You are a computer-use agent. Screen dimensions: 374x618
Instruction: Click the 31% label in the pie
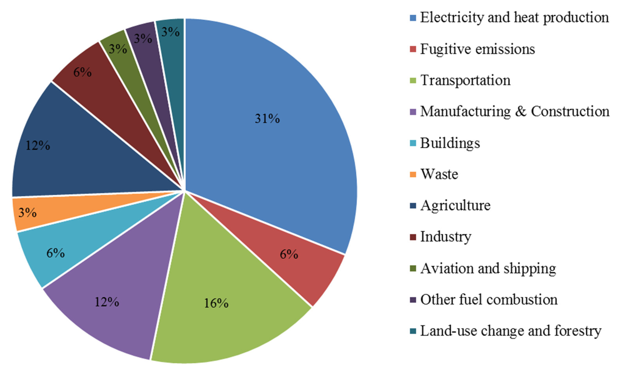point(267,119)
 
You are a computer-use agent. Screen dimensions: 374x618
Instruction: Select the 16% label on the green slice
point(216,303)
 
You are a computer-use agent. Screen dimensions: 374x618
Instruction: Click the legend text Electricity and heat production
point(514,18)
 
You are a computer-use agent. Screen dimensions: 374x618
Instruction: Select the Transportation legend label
point(465,80)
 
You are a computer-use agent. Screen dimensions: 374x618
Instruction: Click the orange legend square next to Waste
point(413,174)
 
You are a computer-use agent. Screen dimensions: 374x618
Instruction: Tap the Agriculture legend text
point(455,205)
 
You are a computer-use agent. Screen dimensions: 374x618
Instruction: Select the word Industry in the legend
point(446,237)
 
